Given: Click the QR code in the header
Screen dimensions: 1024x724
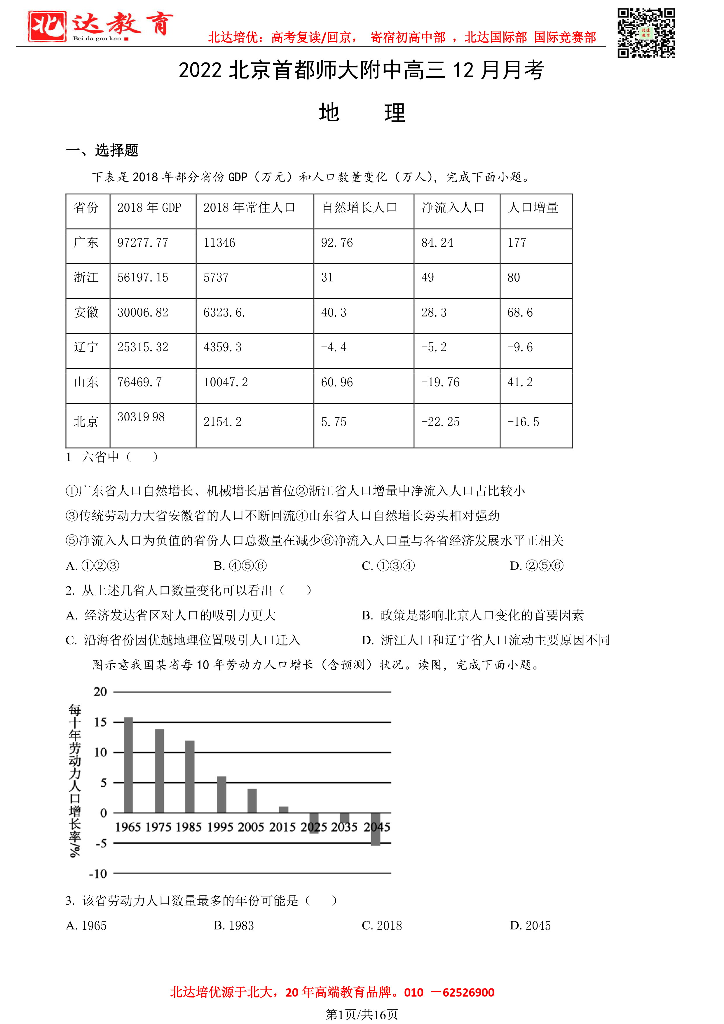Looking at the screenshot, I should pos(646,33).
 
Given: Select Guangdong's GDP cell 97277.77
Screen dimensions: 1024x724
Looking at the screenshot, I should pos(143,243).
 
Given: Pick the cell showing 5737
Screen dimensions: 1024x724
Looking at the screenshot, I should pos(216,277).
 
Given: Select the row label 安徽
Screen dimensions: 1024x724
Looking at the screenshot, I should pos(86,312).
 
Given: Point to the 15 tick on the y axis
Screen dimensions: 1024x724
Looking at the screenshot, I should pos(100,722).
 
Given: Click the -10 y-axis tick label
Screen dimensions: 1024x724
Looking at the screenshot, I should pos(98,874).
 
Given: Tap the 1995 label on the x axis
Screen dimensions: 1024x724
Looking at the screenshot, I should pos(220,827).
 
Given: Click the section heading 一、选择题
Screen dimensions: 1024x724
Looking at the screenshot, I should pos(102,151).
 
